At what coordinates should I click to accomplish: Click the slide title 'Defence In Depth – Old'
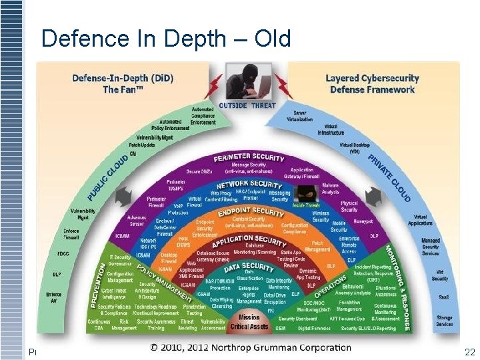coord(166,39)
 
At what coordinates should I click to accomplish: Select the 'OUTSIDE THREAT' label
coord(249,105)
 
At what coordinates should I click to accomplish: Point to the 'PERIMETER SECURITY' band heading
coord(249,158)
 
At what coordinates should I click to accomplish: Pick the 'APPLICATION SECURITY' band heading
coord(251,241)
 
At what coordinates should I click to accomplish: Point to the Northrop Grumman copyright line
coord(250,347)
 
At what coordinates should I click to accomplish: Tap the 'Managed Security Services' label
coord(431,246)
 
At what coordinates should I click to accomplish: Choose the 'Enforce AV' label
coord(55,297)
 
